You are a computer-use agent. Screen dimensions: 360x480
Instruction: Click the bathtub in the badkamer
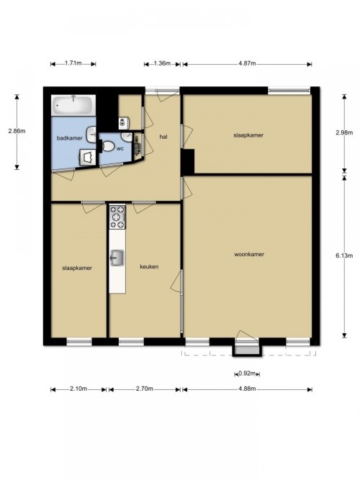tap(73, 105)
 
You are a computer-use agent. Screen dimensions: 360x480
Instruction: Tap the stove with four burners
tap(117, 217)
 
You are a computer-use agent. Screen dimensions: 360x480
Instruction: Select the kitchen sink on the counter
tap(117, 258)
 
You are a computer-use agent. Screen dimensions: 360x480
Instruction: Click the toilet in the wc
tap(107, 146)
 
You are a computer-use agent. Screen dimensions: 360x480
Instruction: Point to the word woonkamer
tap(249, 254)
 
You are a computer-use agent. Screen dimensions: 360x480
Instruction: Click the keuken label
tap(149, 267)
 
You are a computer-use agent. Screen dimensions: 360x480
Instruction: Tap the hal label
tap(163, 137)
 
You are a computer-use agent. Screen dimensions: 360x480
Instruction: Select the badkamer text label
tap(70, 138)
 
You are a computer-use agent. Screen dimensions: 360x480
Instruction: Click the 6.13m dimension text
tap(344, 255)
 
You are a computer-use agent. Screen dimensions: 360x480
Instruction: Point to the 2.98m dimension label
tap(344, 132)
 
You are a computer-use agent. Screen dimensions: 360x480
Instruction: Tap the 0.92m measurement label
tap(247, 373)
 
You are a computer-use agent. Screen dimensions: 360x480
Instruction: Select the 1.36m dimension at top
tap(162, 63)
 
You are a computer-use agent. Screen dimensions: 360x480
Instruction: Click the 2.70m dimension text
tap(144, 389)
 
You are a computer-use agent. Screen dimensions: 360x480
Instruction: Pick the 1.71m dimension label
tap(73, 63)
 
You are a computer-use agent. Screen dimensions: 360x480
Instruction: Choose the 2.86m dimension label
tap(17, 131)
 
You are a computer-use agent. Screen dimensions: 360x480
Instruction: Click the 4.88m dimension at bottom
tap(247, 389)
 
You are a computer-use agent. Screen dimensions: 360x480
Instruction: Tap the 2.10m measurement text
tap(78, 389)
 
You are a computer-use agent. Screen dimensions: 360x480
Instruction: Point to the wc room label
tap(120, 149)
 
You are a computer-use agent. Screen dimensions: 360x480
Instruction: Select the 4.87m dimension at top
tap(247, 63)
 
